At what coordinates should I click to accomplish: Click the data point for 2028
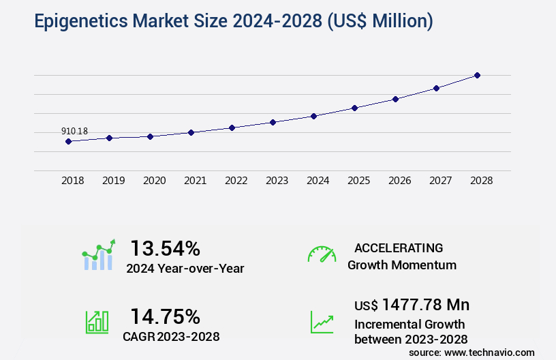click(477, 75)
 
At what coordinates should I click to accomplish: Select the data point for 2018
click(68, 141)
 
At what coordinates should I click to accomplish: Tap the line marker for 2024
click(313, 116)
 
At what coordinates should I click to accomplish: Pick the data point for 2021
click(191, 132)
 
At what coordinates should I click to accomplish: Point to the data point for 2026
click(395, 99)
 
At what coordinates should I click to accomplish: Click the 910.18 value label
click(74, 131)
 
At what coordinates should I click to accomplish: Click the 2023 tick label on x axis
click(277, 181)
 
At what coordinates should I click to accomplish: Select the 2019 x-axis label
click(113, 181)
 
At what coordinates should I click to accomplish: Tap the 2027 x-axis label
click(440, 181)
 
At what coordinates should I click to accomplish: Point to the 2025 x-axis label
click(358, 181)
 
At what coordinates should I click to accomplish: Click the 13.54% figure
click(165, 247)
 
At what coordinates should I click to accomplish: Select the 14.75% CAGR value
click(165, 316)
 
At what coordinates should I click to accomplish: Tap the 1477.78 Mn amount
click(425, 304)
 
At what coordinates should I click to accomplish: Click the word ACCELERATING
click(399, 247)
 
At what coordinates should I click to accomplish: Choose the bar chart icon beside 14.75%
click(97, 322)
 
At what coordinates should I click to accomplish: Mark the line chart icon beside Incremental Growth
click(322, 322)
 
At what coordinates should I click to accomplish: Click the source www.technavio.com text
click(472, 352)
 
